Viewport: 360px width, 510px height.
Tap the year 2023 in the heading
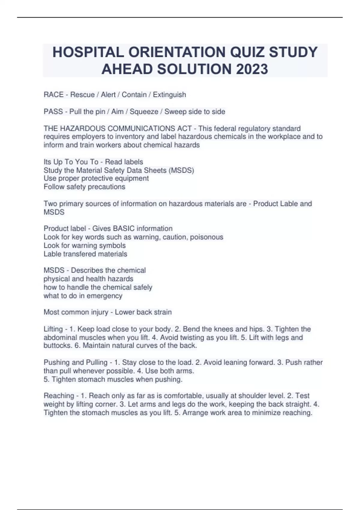click(252, 69)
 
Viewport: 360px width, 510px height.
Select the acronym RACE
click(53, 95)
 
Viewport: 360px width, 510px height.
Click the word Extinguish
click(169, 95)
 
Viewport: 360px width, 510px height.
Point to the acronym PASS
click(53, 112)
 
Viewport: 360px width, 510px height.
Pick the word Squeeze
click(144, 112)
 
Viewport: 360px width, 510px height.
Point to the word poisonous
click(207, 237)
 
